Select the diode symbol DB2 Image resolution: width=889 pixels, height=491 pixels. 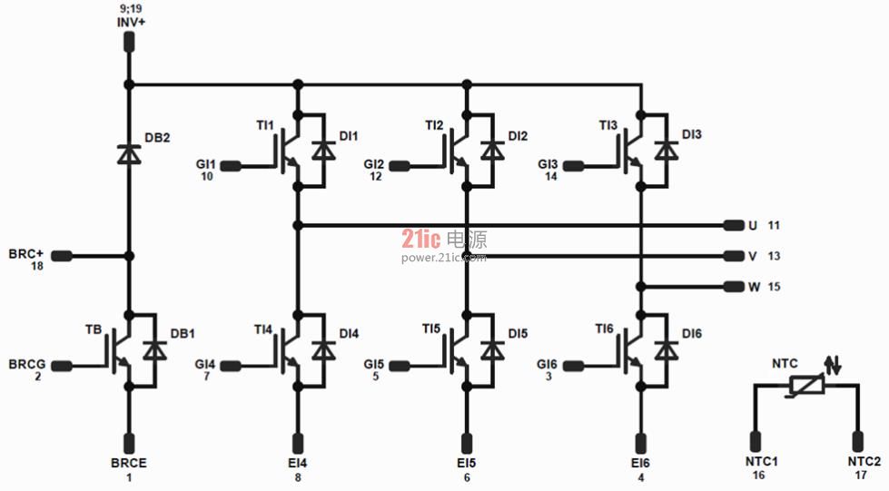pos(129,154)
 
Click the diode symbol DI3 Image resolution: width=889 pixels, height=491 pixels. pos(667,151)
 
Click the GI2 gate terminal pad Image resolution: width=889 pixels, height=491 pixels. pos(400,166)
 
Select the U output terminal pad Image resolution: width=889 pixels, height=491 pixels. pos(734,226)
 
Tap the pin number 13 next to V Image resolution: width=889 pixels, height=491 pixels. pos(774,256)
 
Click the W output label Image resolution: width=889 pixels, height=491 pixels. pos(754,287)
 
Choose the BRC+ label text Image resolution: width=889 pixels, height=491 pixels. pos(26,253)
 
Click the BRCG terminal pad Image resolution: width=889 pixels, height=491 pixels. pos(62,366)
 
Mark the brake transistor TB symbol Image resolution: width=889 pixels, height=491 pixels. pos(120,349)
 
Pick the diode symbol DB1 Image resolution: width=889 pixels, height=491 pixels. pos(154,350)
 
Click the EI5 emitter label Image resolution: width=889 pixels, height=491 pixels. pos(467,463)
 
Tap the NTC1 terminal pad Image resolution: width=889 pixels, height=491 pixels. pos(756,441)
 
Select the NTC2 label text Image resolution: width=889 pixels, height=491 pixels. pos(864,462)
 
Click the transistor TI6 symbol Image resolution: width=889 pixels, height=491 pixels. pos(633,349)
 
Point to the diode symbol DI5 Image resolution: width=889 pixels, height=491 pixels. pos(492,350)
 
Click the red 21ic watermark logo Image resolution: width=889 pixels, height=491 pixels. pos(420,240)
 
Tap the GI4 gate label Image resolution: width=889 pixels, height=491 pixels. pos(205,364)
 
